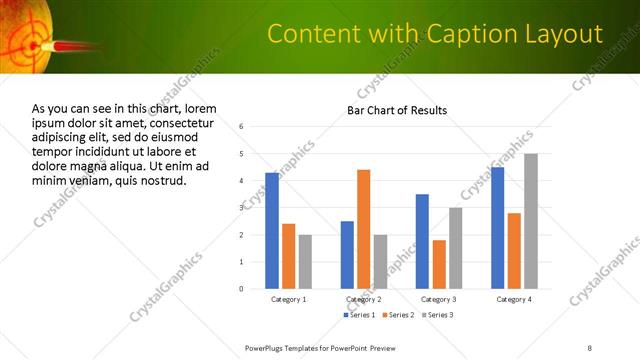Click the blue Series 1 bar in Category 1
[x=272, y=231]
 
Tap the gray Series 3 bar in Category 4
[x=530, y=221]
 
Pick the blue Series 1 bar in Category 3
[x=422, y=241]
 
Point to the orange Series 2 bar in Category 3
[x=439, y=264]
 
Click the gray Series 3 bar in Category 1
[x=305, y=262]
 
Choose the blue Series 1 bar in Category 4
[x=497, y=228]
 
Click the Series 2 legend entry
[x=398, y=315]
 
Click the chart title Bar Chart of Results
[x=397, y=110]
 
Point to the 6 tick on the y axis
[x=241, y=127]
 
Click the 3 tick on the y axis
[x=241, y=208]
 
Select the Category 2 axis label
[x=363, y=299]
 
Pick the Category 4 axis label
[x=514, y=299]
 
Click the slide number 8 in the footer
[x=590, y=347]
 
